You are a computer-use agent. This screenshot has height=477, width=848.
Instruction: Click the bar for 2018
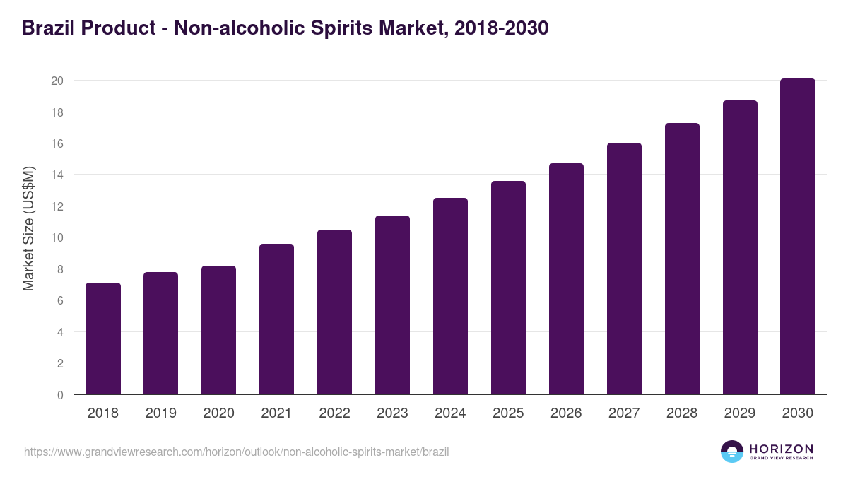[x=103, y=338]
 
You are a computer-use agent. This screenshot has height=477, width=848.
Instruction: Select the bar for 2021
[x=276, y=319]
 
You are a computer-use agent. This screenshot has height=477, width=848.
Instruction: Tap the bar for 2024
[x=450, y=296]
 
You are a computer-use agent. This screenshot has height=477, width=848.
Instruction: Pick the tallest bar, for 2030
[x=798, y=237]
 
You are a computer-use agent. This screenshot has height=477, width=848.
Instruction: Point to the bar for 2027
[x=624, y=269]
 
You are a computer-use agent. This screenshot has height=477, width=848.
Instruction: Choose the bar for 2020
[x=218, y=330]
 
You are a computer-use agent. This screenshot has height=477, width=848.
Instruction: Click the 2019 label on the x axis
[x=160, y=413]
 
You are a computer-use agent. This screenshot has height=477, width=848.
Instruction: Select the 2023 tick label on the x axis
[x=392, y=413]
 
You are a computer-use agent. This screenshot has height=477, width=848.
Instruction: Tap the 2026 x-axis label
[x=566, y=413]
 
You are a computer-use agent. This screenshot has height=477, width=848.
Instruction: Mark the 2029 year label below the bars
[x=740, y=413]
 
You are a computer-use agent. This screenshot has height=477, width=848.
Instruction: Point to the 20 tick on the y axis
[x=57, y=81]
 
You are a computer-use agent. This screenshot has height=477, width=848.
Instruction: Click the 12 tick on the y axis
[x=57, y=206]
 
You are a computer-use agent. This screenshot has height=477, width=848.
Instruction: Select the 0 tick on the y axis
[x=60, y=395]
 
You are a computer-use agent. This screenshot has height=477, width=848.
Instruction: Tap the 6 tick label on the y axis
[x=60, y=300]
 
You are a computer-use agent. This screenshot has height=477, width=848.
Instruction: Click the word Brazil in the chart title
[x=48, y=28]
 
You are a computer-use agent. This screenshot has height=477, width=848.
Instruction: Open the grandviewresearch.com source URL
[x=236, y=452]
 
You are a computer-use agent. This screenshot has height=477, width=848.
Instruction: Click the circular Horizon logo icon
[x=732, y=452]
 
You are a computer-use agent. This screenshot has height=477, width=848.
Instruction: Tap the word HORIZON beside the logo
[x=781, y=449]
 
